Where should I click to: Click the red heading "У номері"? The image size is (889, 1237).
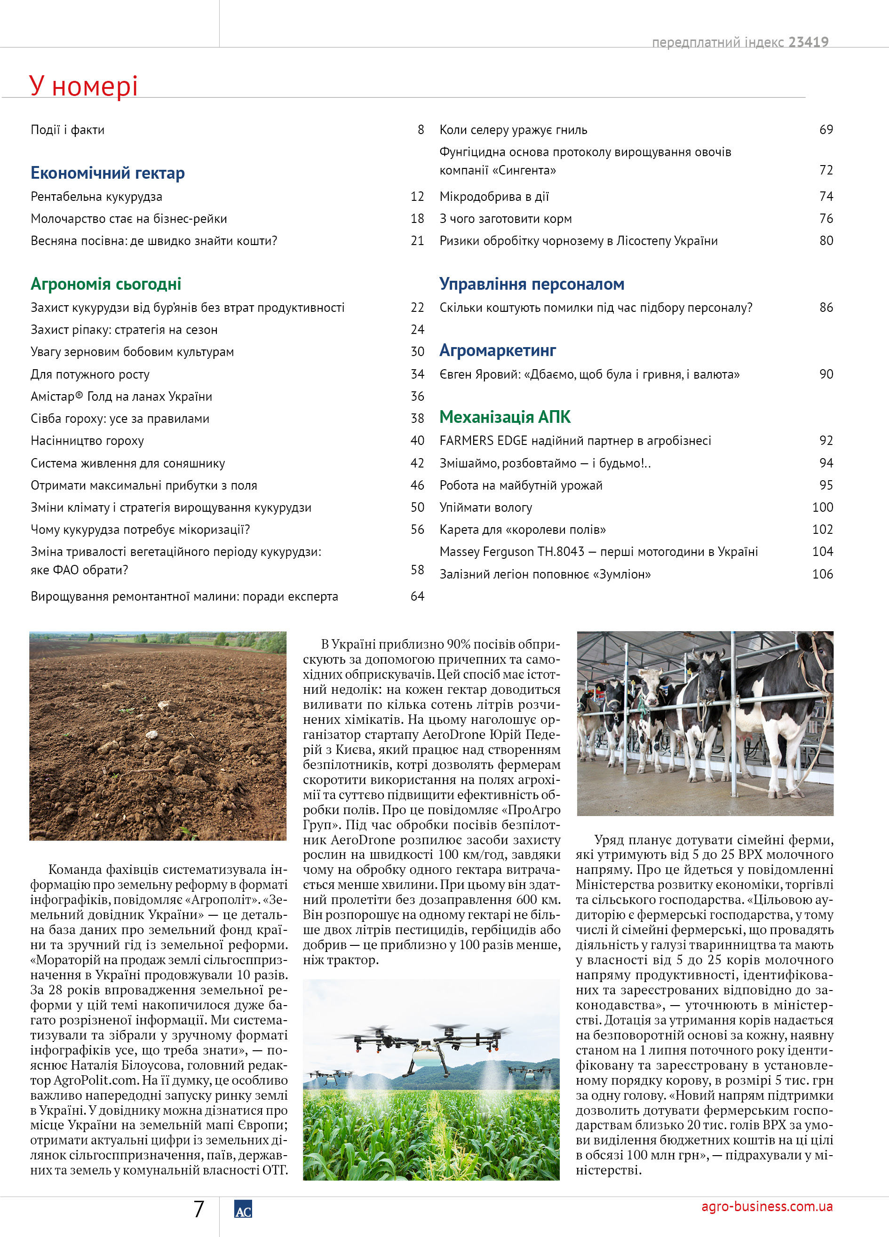(x=83, y=86)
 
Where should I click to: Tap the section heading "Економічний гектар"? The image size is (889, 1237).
(x=107, y=173)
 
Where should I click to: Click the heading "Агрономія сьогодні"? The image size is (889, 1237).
(x=106, y=284)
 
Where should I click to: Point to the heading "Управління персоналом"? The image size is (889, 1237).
(x=532, y=284)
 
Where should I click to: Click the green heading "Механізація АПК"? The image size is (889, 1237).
(x=505, y=417)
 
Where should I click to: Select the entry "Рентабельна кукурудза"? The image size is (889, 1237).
(x=96, y=196)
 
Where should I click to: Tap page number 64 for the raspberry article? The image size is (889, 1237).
(x=417, y=596)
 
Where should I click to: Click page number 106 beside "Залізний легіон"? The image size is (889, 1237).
(x=823, y=574)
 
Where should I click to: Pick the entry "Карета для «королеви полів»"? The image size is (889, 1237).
(x=523, y=530)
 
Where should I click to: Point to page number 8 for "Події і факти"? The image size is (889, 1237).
(x=421, y=130)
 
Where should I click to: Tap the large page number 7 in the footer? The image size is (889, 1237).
(x=199, y=1209)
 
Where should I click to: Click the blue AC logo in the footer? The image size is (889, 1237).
(x=243, y=1210)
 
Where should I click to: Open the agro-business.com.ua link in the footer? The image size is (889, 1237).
(x=767, y=1206)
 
